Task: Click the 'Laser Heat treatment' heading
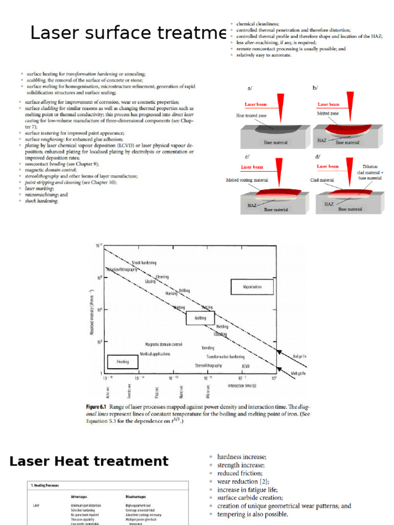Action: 89,461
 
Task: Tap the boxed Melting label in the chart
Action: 200,318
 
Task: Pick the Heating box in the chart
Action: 123,361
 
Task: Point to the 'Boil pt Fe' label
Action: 299,356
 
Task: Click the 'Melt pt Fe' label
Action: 299,373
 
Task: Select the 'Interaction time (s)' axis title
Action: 242,385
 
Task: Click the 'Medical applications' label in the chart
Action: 155,354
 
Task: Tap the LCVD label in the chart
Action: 246,366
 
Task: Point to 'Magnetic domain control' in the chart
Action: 164,345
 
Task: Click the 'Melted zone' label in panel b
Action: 328,112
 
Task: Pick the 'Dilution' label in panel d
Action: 369,167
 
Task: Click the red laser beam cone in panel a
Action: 279,105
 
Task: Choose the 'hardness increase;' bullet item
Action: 241,457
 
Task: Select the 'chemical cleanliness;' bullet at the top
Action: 258,24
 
